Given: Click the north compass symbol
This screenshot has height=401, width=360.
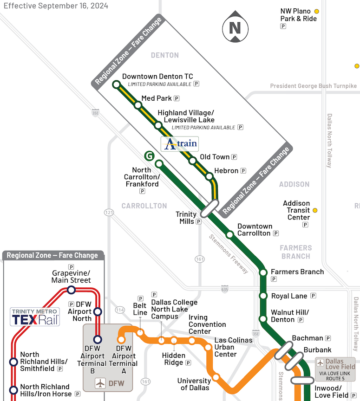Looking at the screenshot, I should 235,27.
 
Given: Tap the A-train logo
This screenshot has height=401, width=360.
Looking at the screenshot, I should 180,144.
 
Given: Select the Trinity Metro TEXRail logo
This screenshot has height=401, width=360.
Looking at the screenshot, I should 35,317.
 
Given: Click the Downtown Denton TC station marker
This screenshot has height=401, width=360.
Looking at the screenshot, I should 117,84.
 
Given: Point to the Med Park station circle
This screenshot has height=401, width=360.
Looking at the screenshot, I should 138,105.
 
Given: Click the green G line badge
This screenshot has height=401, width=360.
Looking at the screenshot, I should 149,156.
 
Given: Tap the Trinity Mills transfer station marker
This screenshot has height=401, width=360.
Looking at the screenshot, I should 209,208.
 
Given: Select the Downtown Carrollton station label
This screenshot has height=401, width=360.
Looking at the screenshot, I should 255,230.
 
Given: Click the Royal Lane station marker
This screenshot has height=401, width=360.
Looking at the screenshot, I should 263,296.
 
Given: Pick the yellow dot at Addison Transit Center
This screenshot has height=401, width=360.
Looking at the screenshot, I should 315,210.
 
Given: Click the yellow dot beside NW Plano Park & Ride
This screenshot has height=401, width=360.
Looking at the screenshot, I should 317,11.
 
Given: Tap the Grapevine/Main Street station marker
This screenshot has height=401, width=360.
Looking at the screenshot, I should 71,290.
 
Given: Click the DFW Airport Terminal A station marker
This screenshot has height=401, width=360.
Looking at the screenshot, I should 122,339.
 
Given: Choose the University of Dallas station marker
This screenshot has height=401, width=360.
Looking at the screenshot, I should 216,377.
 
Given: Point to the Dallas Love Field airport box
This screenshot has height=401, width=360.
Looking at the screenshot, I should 335,369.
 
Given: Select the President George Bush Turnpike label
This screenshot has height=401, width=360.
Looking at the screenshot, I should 313,86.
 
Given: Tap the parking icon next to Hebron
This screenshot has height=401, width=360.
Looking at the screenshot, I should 243,171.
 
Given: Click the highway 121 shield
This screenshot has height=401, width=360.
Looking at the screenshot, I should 109,213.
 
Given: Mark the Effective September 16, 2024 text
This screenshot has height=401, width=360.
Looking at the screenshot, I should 56,6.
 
